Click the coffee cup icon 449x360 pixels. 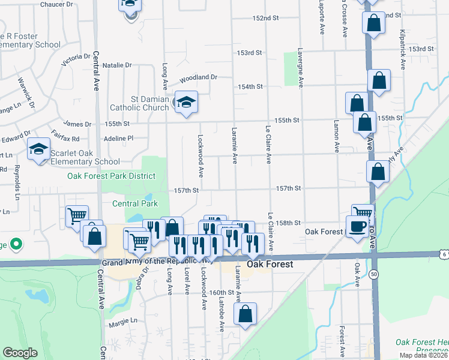click(x=357, y=226)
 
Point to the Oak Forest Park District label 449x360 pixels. click(x=111, y=176)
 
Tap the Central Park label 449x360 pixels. click(x=135, y=203)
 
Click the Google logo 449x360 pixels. click(x=20, y=353)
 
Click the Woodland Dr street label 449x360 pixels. click(x=198, y=77)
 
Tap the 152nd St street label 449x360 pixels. click(x=266, y=19)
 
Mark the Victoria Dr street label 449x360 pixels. click(x=76, y=59)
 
